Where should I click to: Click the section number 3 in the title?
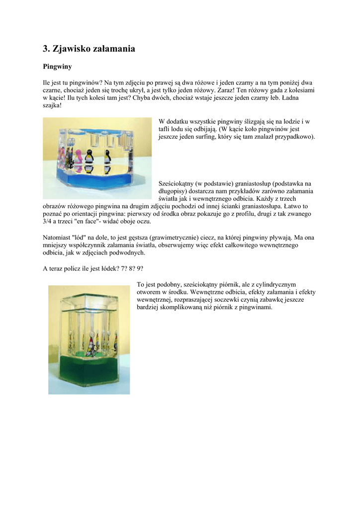click(46, 49)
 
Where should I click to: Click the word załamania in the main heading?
click(111, 49)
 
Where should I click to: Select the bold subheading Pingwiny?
click(57, 66)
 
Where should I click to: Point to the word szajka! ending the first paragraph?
click(52, 106)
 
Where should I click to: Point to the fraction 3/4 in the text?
click(48, 221)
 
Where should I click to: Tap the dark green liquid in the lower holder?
click(90, 373)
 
